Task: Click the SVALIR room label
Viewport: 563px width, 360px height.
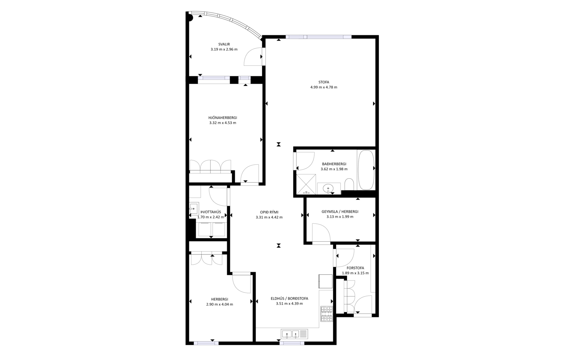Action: [224, 44]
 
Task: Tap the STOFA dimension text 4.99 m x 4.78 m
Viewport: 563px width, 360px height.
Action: [324, 87]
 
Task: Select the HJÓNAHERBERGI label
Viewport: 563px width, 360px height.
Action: [223, 118]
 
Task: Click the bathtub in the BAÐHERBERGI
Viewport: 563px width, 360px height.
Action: [366, 170]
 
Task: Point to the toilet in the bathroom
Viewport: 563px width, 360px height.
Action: [349, 184]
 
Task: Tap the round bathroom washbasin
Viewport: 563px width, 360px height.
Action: [328, 188]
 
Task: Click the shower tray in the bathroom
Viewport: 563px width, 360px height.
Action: [306, 184]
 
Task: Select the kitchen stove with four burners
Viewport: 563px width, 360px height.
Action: [327, 314]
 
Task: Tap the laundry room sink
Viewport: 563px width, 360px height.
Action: [194, 209]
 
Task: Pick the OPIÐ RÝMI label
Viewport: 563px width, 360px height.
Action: [269, 212]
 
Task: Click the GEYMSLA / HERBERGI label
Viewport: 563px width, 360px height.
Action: [340, 212]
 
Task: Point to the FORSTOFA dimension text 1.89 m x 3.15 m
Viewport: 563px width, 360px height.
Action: [355, 273]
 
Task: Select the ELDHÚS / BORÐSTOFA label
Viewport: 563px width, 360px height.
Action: [289, 299]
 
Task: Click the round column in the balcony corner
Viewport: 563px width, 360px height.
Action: [190, 18]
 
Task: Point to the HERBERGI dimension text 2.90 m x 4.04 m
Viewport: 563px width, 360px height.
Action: [220, 304]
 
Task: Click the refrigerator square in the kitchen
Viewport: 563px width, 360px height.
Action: [325, 281]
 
